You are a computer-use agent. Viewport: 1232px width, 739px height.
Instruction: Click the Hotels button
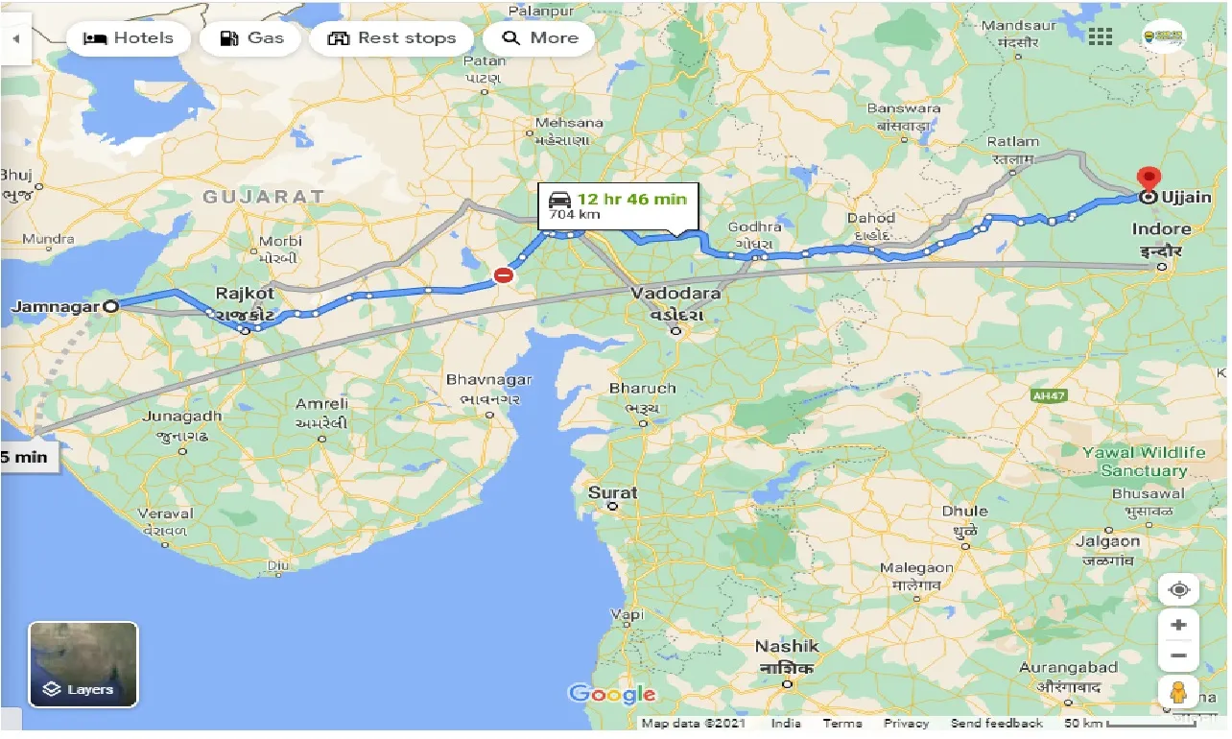click(x=129, y=38)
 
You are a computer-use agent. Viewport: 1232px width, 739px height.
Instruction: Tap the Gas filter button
click(x=252, y=38)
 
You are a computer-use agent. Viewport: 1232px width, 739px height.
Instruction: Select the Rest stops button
click(x=391, y=38)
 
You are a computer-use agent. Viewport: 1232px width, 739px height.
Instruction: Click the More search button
click(x=540, y=38)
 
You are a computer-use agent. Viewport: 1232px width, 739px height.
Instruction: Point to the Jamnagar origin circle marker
click(x=111, y=307)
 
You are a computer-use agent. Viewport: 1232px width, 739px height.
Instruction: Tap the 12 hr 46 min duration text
click(x=631, y=200)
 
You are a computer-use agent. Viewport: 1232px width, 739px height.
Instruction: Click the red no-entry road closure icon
click(x=503, y=276)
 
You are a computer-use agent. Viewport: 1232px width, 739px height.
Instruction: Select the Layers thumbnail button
click(x=83, y=664)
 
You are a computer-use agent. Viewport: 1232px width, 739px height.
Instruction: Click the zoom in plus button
click(x=1178, y=626)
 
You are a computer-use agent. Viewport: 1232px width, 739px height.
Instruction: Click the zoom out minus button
click(x=1178, y=656)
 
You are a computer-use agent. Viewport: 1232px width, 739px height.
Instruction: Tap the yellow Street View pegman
click(x=1178, y=692)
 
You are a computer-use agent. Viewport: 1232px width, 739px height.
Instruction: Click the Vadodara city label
click(x=675, y=294)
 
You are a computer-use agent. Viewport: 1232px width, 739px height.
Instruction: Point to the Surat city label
click(x=612, y=493)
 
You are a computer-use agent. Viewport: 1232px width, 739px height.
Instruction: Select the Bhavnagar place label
click(x=488, y=381)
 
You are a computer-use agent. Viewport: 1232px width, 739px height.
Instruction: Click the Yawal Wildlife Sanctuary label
click(x=1144, y=462)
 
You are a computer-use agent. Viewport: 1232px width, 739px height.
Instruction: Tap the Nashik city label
click(x=787, y=647)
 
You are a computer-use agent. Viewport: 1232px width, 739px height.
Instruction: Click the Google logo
click(x=612, y=694)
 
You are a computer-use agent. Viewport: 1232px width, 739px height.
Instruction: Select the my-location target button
click(x=1178, y=588)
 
